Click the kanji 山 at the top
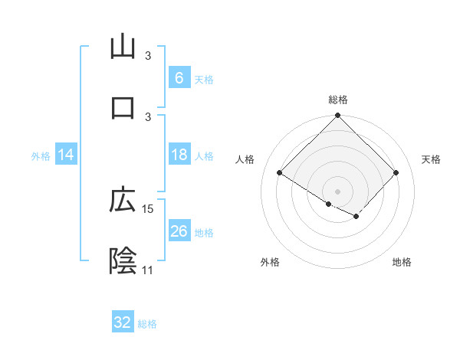click(x=123, y=47)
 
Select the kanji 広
click(x=123, y=200)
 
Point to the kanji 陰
click(x=123, y=260)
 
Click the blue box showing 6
click(x=179, y=78)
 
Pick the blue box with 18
click(x=179, y=155)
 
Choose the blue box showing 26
click(x=179, y=231)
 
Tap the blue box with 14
click(x=66, y=155)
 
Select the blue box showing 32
click(x=123, y=322)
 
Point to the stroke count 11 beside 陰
click(x=147, y=270)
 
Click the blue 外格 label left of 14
click(x=41, y=155)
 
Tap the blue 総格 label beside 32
click(x=148, y=323)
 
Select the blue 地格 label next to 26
click(x=204, y=232)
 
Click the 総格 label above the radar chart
click(x=338, y=100)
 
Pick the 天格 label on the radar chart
click(x=432, y=159)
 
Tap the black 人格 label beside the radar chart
click(x=245, y=159)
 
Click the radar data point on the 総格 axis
click(x=338, y=116)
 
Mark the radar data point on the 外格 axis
click(x=329, y=204)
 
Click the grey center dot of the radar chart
click(x=338, y=191)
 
